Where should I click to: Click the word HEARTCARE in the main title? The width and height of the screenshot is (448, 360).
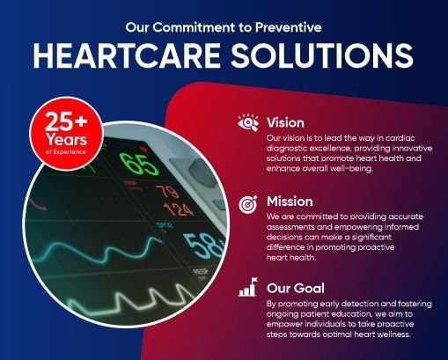click(x=127, y=55)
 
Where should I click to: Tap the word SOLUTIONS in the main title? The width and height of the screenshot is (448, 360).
click(x=322, y=55)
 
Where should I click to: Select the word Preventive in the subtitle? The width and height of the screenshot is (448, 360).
click(x=289, y=27)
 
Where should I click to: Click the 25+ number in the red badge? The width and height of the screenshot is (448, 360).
click(x=66, y=121)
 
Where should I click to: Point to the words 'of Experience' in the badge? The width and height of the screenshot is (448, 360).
click(x=66, y=151)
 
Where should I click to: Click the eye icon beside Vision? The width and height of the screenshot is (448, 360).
click(x=248, y=122)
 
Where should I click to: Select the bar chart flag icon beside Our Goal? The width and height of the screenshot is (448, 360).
click(x=248, y=287)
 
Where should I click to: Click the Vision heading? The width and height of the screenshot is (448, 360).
click(x=285, y=122)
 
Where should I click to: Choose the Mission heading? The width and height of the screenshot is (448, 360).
click(x=290, y=202)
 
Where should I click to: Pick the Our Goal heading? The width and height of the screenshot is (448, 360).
click(x=296, y=288)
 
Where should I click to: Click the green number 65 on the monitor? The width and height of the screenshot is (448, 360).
click(x=138, y=165)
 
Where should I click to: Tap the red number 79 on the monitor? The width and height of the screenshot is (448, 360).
click(x=167, y=191)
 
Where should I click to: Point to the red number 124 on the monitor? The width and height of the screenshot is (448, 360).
click(x=178, y=209)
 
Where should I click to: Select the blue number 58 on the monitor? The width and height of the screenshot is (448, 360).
click(x=203, y=246)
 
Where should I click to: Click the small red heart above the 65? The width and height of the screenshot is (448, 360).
click(x=143, y=150)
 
